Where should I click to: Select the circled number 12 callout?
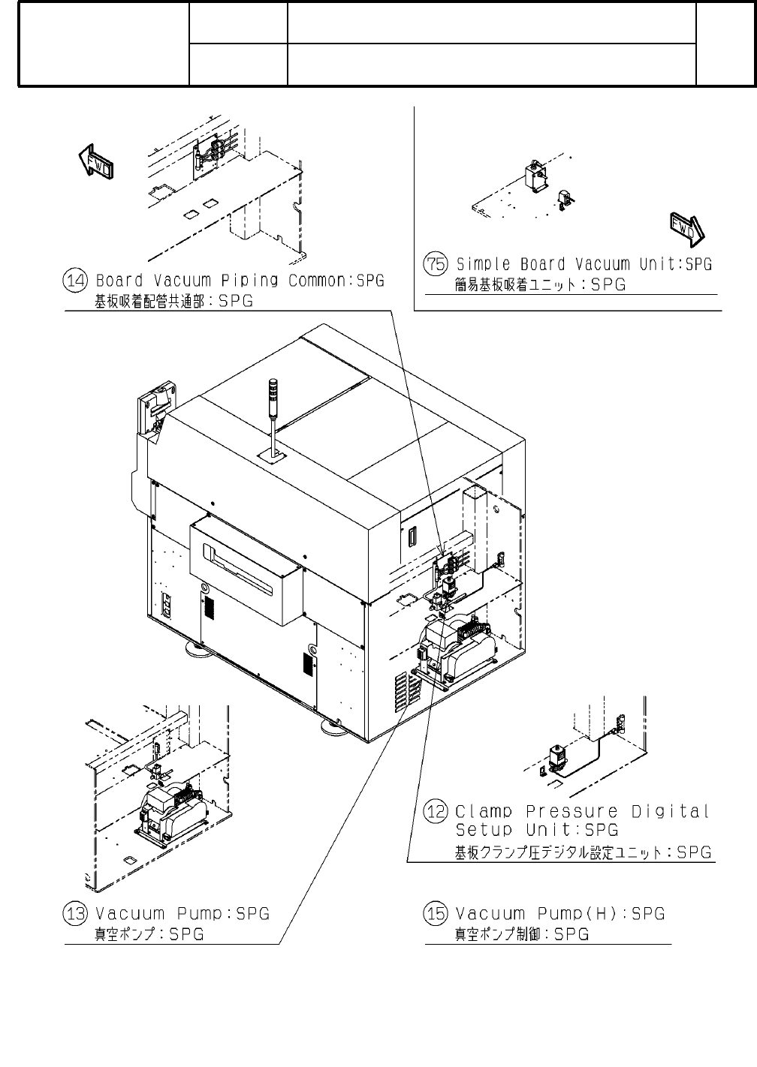coord(437,812)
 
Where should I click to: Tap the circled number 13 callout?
coord(77,914)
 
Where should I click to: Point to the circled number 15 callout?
coord(437,914)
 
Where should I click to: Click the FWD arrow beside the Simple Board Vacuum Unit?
coord(684,230)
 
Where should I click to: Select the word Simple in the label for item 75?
coord(484,264)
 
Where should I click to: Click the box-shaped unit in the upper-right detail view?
coord(536,177)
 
